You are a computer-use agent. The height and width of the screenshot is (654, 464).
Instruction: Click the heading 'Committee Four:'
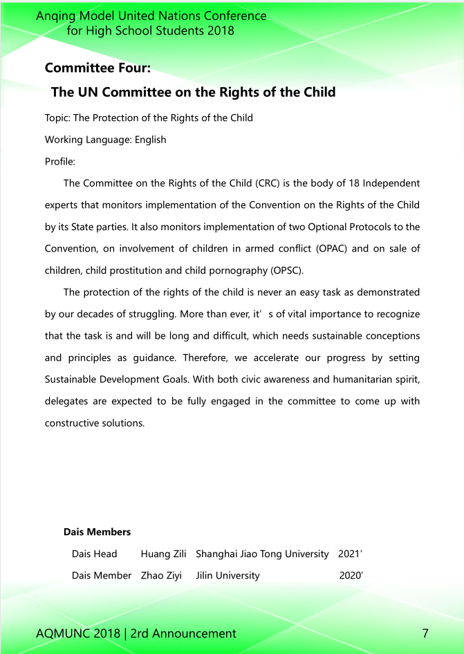98,68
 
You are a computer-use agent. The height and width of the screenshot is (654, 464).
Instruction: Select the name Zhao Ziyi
161,575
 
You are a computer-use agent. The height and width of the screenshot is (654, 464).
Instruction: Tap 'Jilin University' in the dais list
228,575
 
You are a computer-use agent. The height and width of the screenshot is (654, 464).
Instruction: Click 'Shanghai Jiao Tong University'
262,554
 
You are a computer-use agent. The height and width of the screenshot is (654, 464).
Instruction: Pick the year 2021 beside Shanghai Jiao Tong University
350,554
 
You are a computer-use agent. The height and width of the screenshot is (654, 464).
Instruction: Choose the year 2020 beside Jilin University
351,575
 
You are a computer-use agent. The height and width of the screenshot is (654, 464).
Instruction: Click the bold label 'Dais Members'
97,532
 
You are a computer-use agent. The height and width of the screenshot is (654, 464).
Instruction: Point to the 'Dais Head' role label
95,554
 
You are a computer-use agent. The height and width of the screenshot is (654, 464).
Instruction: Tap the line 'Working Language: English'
105,140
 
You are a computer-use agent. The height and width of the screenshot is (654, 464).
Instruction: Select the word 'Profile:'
60,161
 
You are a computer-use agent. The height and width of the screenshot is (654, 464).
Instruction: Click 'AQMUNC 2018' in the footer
77,633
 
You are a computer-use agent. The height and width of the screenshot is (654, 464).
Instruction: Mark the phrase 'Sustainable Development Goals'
112,380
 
